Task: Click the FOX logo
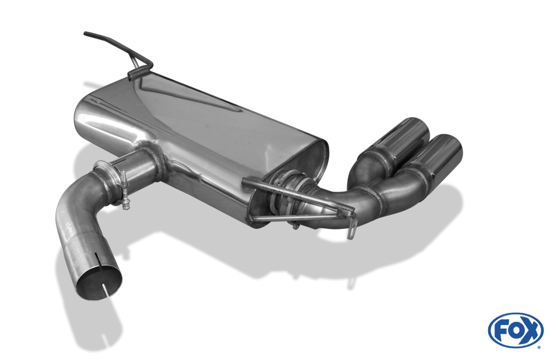[516, 330]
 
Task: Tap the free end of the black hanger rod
[86, 34]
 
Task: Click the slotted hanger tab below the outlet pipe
[351, 227]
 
